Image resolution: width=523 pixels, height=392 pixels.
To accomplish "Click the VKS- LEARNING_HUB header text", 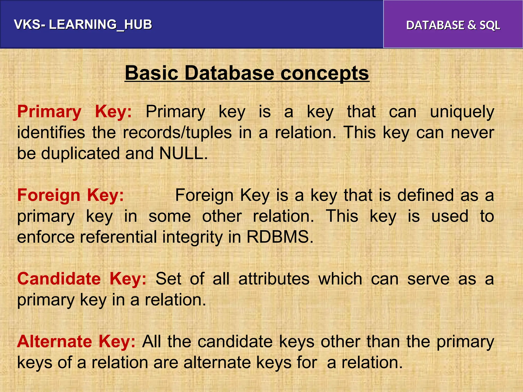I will click(83, 25).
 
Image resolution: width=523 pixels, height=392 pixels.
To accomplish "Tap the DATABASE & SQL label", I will click(453, 25).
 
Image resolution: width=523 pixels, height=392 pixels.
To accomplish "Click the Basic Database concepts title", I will click(247, 73).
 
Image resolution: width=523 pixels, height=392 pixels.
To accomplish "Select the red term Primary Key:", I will click(75, 112).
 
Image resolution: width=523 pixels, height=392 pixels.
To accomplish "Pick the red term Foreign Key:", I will click(70, 195).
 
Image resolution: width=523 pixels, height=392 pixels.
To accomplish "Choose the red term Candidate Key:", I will click(82, 279).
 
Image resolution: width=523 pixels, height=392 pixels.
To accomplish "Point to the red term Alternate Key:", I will click(76, 341).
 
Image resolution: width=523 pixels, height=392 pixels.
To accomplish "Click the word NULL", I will click(183, 153).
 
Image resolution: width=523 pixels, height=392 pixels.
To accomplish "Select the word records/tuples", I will click(177, 133).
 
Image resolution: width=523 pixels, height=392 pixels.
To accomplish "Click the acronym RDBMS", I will click(280, 237).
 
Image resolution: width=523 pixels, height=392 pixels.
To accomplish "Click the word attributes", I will click(274, 279).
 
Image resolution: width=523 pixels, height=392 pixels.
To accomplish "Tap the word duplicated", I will click(80, 153).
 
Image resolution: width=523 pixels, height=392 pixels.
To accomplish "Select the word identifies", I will click(51, 133).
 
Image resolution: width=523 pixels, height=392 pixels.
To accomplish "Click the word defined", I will click(425, 195).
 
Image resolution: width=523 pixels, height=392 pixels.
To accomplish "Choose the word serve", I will click(428, 279).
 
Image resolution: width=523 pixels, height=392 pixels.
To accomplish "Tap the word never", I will click(472, 133).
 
